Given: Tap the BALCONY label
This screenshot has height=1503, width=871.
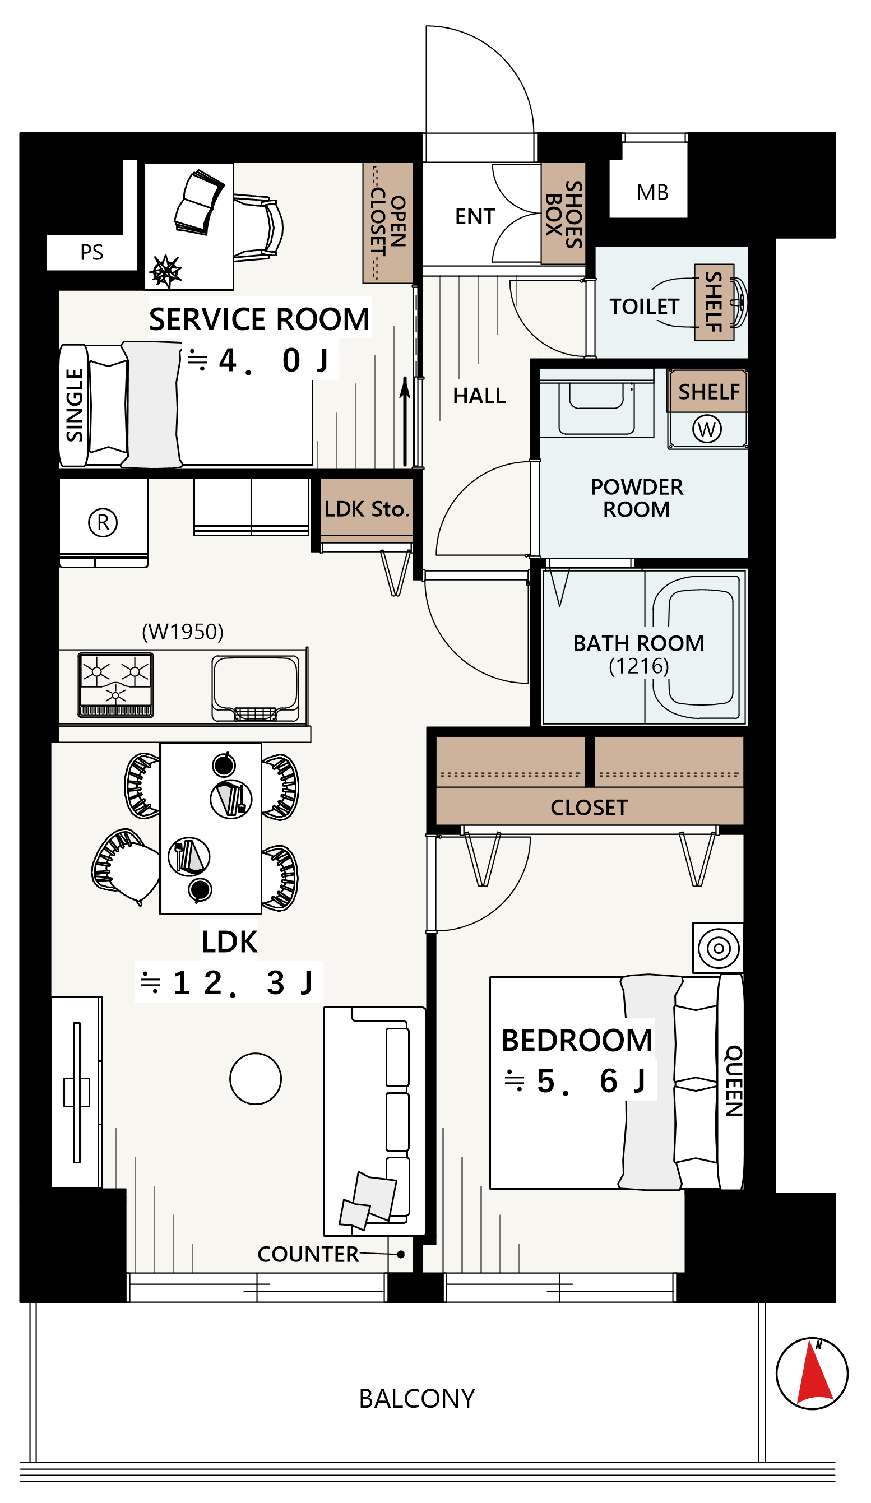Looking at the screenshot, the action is pyautogui.click(x=417, y=1399).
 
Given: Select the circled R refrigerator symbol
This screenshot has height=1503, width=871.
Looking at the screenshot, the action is pyautogui.click(x=103, y=522).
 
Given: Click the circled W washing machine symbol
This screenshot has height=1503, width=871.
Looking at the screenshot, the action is pyautogui.click(x=707, y=429).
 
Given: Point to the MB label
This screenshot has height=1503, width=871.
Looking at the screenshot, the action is pyautogui.click(x=652, y=193).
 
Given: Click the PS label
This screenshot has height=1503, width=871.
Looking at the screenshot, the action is pyautogui.click(x=92, y=252).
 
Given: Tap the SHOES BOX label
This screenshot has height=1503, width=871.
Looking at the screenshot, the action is pyautogui.click(x=564, y=215).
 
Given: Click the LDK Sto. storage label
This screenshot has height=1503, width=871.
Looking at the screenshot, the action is pyautogui.click(x=367, y=509).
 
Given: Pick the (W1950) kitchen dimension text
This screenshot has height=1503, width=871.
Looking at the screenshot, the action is pyautogui.click(x=183, y=632).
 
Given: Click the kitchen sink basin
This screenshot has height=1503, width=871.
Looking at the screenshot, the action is pyautogui.click(x=256, y=688).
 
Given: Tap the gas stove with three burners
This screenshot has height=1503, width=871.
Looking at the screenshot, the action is pyautogui.click(x=115, y=685).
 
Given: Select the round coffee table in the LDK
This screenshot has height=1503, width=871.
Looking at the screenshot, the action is pyautogui.click(x=256, y=1079).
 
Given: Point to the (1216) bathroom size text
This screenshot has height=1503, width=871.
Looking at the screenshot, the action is pyautogui.click(x=639, y=666).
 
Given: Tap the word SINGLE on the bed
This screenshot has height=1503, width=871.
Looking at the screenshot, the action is pyautogui.click(x=75, y=405).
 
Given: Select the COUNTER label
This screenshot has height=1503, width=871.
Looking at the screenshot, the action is pyautogui.click(x=308, y=1254).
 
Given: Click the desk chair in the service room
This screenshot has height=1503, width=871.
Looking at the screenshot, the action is pyautogui.click(x=258, y=227).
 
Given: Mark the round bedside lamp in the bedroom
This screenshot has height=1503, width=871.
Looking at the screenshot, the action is pyautogui.click(x=719, y=948).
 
